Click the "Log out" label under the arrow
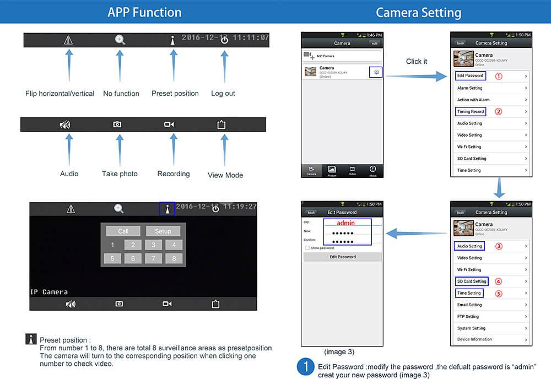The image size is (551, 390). click(x=223, y=94)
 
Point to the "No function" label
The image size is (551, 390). click(x=121, y=94)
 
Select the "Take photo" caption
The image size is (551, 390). click(x=120, y=174)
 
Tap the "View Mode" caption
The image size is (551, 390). click(x=225, y=175)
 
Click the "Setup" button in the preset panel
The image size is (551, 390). click(x=163, y=231)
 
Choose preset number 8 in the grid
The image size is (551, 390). click(x=174, y=258)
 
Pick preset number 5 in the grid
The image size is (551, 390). click(x=112, y=258)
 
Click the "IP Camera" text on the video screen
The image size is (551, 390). click(x=48, y=291)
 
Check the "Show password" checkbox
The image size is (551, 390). click(x=307, y=248)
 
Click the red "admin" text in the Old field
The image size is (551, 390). click(x=345, y=223)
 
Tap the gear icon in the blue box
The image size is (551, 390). click(x=376, y=72)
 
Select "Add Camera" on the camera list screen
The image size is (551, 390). click(x=325, y=56)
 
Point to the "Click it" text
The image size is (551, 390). click(x=417, y=62)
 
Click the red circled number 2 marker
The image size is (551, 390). click(x=499, y=111)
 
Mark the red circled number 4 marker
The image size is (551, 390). click(x=499, y=281)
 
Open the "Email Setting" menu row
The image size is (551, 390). click(x=490, y=305)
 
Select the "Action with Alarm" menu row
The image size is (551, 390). click(x=490, y=100)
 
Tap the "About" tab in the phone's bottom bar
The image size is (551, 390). click(x=373, y=170)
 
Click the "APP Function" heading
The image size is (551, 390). click(x=144, y=12)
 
